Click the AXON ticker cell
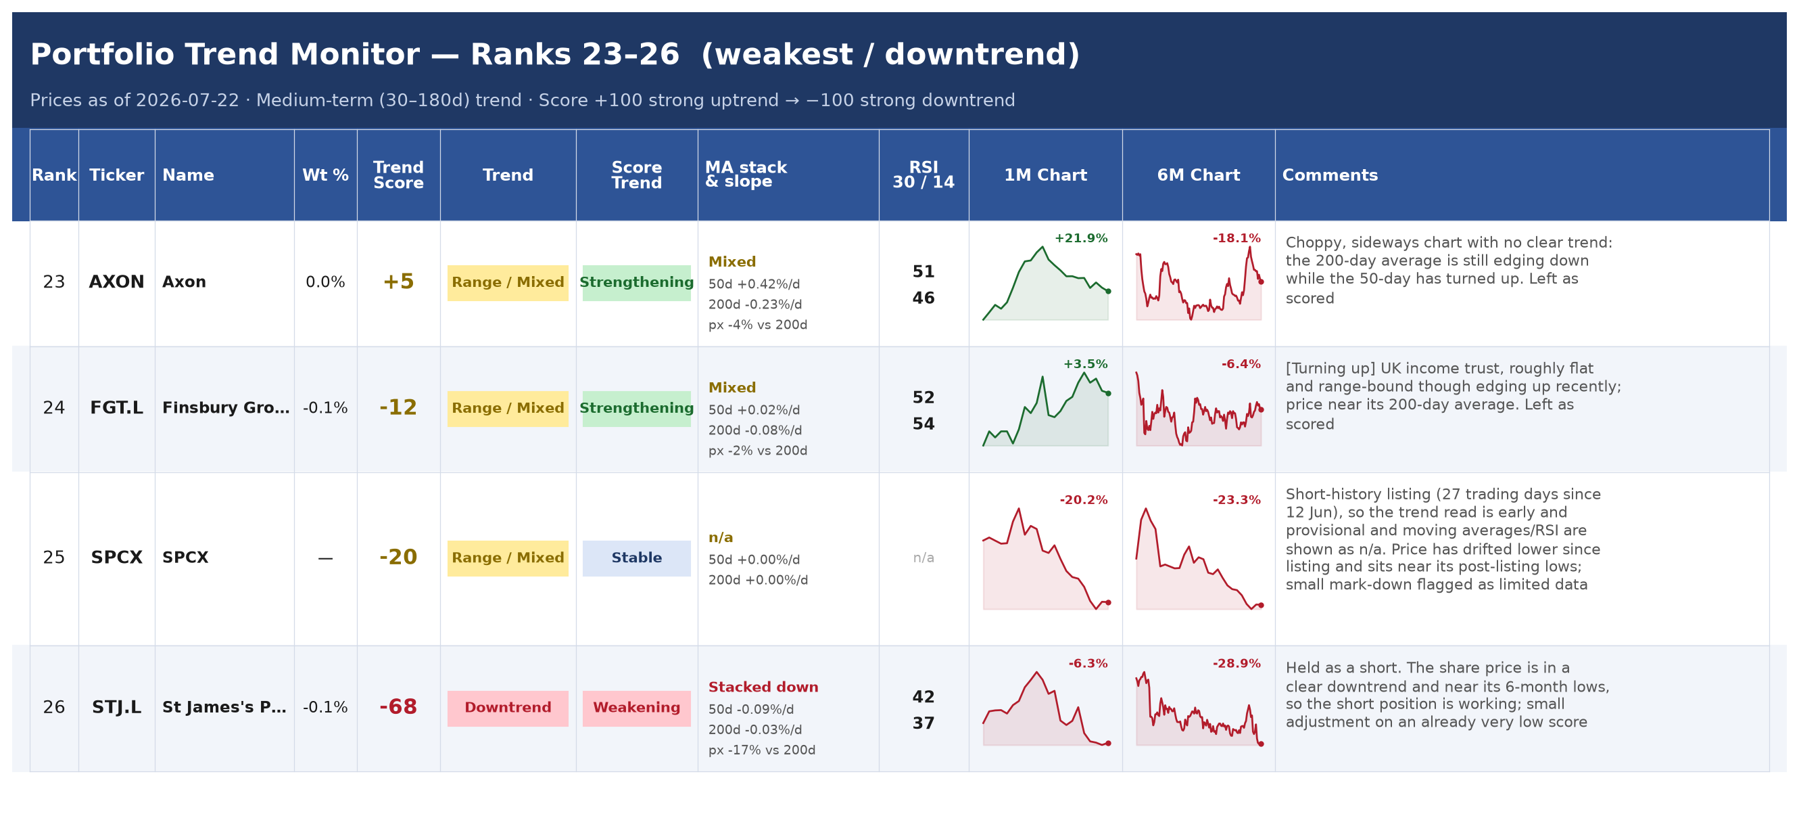(117, 281)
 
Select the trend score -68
(398, 707)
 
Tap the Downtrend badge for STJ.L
(508, 708)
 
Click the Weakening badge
(636, 708)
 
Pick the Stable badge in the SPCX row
(636, 558)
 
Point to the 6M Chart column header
(1199, 175)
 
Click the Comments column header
(1330, 175)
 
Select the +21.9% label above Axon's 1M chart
(1081, 238)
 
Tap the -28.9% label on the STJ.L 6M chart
(1236, 664)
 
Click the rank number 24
(54, 408)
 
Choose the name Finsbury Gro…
(226, 408)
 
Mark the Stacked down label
(763, 687)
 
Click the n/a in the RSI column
(924, 558)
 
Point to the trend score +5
(398, 281)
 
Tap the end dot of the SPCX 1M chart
(1108, 602)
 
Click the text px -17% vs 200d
(762, 750)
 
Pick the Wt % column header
(325, 175)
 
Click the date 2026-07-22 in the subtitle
(187, 101)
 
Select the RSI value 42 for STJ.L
(924, 698)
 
